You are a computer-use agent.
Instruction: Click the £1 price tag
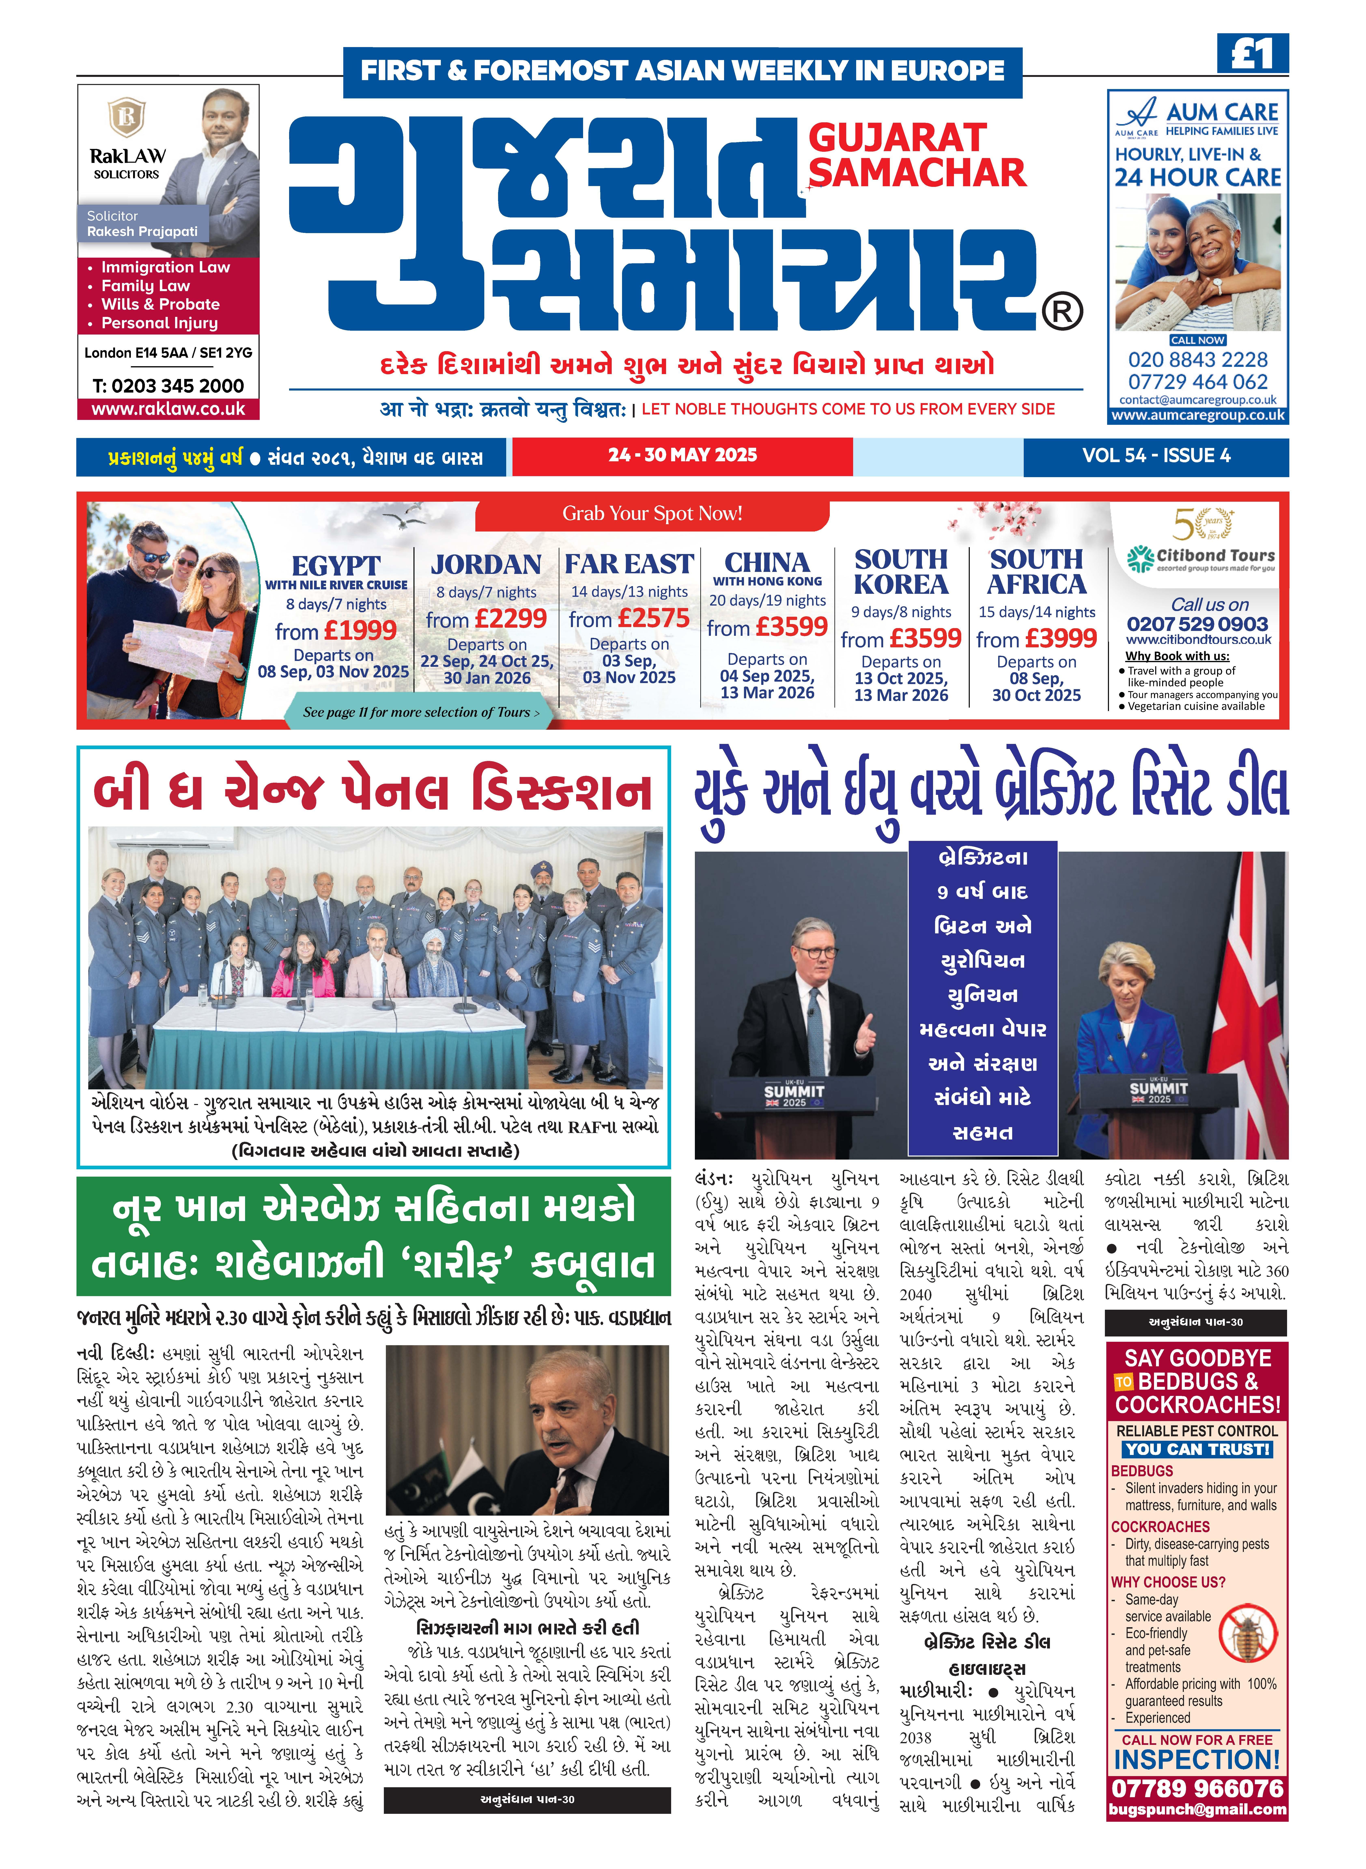pos(1252,55)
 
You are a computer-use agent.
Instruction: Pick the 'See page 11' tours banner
pos(420,712)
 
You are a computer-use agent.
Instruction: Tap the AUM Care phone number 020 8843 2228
pos(1197,360)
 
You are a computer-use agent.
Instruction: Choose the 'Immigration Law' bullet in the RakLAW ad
pos(165,267)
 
